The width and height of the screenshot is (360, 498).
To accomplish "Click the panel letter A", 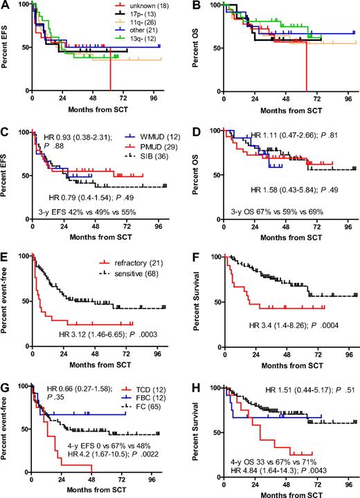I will click(6, 6).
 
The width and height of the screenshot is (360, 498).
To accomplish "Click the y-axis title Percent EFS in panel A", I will click(8, 47).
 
